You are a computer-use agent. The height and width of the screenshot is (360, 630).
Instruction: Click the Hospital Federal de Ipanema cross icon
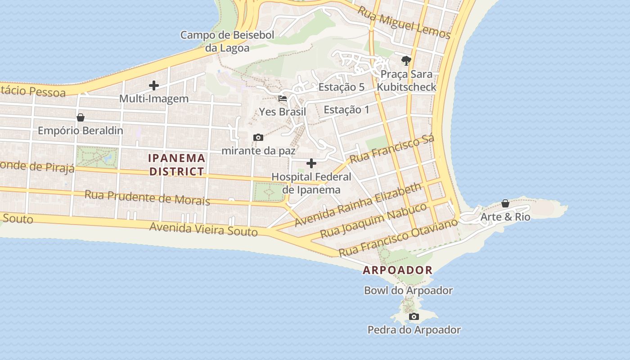(311, 163)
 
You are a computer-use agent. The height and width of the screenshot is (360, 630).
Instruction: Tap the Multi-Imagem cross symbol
(154, 85)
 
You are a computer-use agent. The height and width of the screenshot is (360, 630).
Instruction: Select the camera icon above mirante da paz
(258, 137)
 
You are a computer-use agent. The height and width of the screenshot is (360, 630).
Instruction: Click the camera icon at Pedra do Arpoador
(414, 317)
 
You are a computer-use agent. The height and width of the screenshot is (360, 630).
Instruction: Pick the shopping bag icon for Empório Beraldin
(81, 117)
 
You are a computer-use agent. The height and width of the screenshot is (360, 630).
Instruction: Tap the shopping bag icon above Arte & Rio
(505, 203)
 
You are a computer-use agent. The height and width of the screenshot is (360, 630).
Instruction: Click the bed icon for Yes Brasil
(283, 99)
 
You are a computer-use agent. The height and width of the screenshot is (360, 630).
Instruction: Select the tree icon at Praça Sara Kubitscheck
(406, 61)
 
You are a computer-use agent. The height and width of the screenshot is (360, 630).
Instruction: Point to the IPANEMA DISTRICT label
(177, 165)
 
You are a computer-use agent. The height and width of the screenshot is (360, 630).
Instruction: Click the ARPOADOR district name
(398, 270)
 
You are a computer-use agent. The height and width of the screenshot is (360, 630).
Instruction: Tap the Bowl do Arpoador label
(408, 291)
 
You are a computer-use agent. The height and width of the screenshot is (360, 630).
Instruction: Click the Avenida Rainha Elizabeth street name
(358, 204)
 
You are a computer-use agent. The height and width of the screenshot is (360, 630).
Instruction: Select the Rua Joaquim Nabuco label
(373, 221)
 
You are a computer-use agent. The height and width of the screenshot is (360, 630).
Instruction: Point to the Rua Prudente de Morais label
(148, 198)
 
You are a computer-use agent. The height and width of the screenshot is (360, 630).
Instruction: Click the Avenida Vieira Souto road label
(204, 229)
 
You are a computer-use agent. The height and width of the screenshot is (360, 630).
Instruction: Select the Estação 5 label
(341, 87)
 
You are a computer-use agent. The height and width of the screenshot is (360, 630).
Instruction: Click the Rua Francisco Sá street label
(392, 149)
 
